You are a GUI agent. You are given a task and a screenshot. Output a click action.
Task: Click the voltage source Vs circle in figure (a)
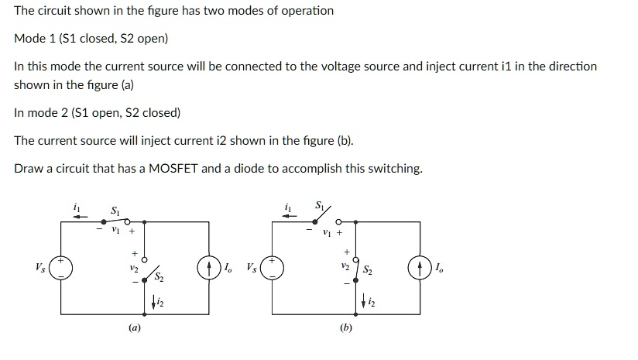pos(62,269)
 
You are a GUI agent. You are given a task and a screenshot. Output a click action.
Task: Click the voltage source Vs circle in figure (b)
pos(272,269)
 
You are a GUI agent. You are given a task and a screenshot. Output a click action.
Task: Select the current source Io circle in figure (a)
pos(208,269)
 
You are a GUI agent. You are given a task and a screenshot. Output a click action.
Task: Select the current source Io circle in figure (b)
pos(419,269)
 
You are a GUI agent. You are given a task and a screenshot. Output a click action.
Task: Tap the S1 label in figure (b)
pos(321,207)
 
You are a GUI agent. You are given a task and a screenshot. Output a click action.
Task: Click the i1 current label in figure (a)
pos(75,207)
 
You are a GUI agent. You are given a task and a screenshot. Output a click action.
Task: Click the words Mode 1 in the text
pos(33,38)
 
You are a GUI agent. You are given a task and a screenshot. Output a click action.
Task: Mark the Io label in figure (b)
pos(440,269)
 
